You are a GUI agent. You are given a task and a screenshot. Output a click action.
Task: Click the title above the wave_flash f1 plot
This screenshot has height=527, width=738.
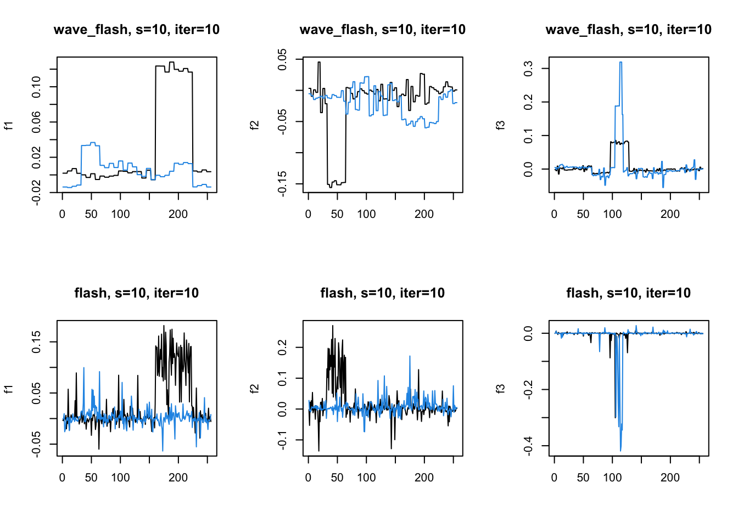pos(136,30)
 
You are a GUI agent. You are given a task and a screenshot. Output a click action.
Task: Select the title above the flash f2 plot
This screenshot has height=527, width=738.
pos(382,293)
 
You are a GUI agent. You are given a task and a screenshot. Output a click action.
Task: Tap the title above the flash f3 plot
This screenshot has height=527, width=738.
pos(628,293)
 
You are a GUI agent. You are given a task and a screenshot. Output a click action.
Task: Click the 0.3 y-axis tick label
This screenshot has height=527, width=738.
pos(528,69)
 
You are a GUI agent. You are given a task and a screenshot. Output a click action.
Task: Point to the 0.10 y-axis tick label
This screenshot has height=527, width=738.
pos(36,87)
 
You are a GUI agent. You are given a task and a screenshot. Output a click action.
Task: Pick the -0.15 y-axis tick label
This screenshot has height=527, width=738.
pos(282,183)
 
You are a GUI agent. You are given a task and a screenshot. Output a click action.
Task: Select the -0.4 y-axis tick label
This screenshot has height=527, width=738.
pos(528,446)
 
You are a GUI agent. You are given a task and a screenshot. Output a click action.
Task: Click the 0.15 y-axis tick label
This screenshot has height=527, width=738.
pos(36,341)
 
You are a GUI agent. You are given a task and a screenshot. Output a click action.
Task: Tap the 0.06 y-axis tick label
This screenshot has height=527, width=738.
pos(36,122)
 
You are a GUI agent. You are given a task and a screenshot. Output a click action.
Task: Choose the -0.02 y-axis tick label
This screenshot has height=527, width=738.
pos(36,192)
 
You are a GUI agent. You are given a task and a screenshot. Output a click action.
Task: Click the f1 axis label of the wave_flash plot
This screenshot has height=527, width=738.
pos(8,126)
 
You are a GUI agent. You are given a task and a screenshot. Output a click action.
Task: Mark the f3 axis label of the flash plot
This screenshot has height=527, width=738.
pos(500,389)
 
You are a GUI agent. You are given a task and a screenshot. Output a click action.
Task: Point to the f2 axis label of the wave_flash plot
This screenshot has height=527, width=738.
pos(254,126)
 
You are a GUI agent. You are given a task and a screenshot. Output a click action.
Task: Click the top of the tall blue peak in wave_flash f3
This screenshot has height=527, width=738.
pos(620,63)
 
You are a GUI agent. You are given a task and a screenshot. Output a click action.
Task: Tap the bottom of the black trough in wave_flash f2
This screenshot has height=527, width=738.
pos(331,187)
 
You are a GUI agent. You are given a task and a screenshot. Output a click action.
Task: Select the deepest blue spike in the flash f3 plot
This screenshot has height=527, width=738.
pos(620,450)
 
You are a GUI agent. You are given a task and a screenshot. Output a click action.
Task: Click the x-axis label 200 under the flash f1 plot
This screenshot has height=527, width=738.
pos(178,478)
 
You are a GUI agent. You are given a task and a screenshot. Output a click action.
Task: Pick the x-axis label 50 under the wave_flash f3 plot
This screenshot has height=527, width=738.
pos(583,214)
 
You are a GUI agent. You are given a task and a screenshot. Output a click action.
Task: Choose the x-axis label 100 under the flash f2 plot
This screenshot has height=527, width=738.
pos(366,478)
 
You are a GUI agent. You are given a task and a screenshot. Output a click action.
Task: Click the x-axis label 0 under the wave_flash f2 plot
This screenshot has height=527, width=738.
pos(308,214)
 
